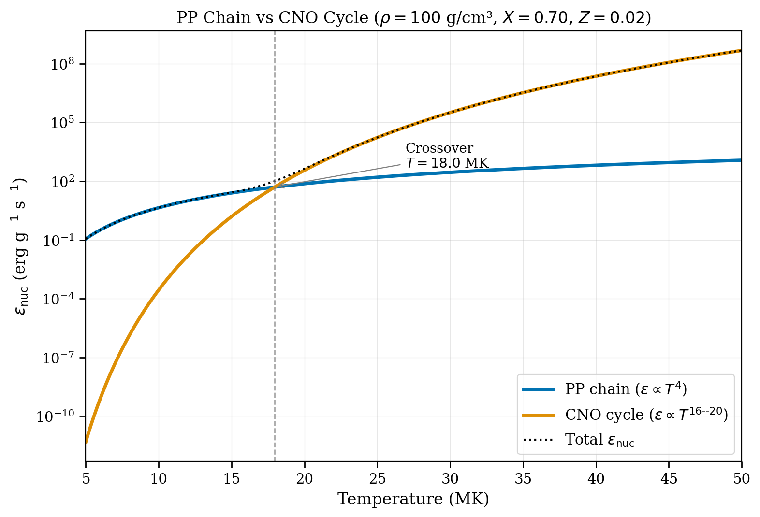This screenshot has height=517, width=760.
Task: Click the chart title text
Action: pos(413,18)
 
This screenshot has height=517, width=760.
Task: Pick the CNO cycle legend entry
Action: pos(646,415)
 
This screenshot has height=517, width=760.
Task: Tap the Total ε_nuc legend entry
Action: pos(599,440)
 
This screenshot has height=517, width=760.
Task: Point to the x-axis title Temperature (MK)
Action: pos(413,499)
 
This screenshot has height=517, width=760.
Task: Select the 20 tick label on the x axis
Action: pos(305,479)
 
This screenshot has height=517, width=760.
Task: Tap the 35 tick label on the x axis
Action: pos(523,479)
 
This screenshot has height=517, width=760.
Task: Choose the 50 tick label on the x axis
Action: pos(741,479)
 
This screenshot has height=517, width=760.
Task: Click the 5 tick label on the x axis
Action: pos(86,479)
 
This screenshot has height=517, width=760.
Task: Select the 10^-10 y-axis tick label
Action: pos(55,416)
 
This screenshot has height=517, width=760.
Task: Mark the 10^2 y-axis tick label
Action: pos(62,181)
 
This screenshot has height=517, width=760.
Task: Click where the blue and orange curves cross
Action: pos(276,187)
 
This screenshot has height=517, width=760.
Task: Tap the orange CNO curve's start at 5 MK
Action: pos(87,442)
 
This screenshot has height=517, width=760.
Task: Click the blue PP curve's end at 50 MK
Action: pos(741,160)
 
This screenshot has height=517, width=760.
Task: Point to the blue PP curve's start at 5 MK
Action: pos(87,239)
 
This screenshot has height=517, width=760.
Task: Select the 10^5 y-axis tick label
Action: pos(62,122)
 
